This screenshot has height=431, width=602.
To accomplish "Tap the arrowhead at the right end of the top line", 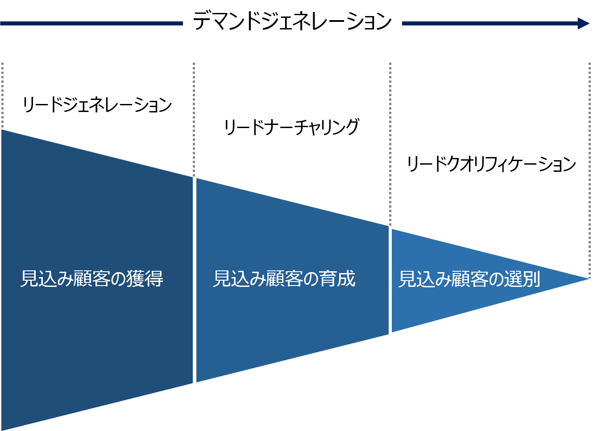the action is pyautogui.click(x=584, y=24).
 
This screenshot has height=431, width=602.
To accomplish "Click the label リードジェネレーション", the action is pyautogui.click(x=97, y=105).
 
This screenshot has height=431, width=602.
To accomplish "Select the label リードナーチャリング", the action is pyautogui.click(x=291, y=127).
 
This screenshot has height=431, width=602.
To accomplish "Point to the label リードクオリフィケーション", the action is pyautogui.click(x=491, y=164).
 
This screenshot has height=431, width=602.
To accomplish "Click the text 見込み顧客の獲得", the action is pyautogui.click(x=92, y=279).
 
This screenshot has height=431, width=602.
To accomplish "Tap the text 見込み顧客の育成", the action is pyautogui.click(x=284, y=279).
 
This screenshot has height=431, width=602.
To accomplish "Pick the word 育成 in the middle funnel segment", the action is pyautogui.click(x=337, y=279).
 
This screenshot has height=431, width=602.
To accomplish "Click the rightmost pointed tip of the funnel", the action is pyautogui.click(x=590, y=279).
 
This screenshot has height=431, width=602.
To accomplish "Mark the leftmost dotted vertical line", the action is pyautogui.click(x=2, y=95).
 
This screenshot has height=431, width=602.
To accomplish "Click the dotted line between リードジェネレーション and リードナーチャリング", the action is pyautogui.click(x=194, y=119).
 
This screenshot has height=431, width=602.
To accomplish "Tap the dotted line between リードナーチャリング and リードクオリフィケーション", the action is pyautogui.click(x=390, y=144).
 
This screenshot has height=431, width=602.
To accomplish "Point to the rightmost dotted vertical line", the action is pyautogui.click(x=590, y=170).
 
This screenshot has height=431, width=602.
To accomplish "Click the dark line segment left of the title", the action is pyautogui.click(x=91, y=24).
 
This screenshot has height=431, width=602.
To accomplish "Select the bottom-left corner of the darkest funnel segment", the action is pyautogui.click(x=2, y=430).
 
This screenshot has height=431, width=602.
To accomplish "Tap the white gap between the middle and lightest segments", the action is pyautogui.click(x=390, y=280).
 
